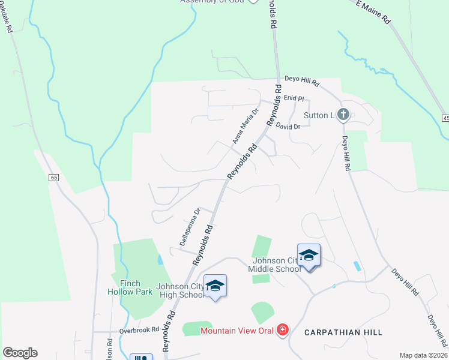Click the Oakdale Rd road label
click(11, 23)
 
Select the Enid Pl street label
click(294, 98)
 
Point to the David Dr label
click(288, 127)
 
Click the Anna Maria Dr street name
click(245, 125)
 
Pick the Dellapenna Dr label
click(190, 227)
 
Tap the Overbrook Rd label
click(138, 329)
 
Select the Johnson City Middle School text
click(277, 265)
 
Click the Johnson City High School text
click(180, 290)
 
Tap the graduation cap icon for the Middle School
click(309, 256)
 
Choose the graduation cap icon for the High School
click(215, 285)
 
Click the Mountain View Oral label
click(237, 330)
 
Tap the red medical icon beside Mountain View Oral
click(282, 330)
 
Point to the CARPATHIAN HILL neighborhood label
click(343, 332)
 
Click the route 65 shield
click(54, 178)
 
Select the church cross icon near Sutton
click(343, 114)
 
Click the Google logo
click(20, 353)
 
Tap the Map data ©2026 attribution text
click(423, 355)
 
